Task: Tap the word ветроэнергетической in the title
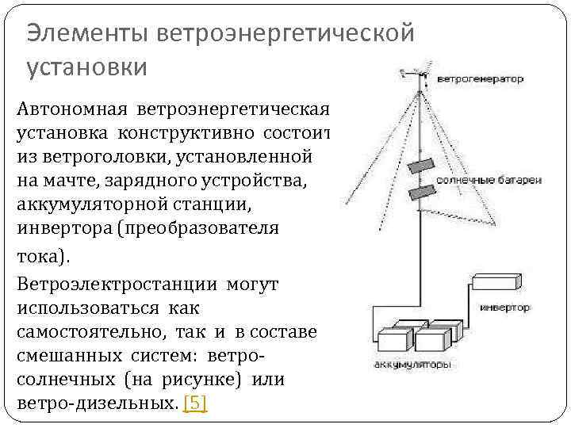286,33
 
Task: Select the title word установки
87,67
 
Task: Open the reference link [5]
195,403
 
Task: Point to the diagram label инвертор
505,307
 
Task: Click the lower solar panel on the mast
421,191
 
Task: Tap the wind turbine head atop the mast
417,74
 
